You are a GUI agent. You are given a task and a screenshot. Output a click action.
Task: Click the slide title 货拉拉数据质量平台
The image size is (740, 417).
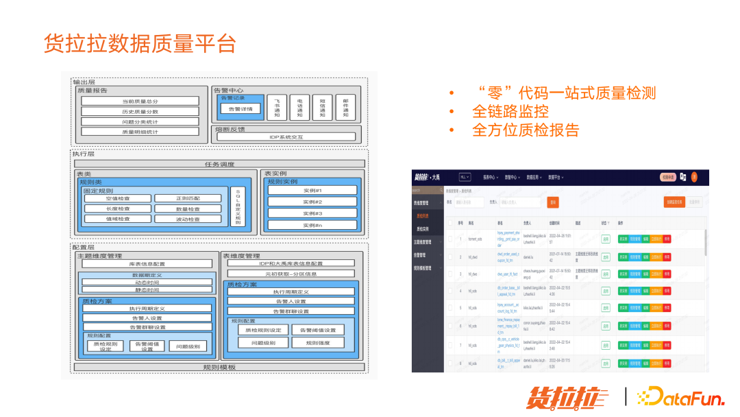click(x=140, y=43)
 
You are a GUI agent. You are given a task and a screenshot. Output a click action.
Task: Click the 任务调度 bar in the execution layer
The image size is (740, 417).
click(x=219, y=164)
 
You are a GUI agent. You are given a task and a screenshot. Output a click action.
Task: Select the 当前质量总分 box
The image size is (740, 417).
click(x=140, y=101)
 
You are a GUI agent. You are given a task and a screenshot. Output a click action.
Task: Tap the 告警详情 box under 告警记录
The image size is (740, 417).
click(x=240, y=109)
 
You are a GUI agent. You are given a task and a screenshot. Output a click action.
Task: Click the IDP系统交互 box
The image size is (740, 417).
click(x=286, y=137)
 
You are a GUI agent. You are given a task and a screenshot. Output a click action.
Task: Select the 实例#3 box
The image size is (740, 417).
click(x=312, y=213)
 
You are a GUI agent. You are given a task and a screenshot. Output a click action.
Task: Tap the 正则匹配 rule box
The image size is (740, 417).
click(x=188, y=199)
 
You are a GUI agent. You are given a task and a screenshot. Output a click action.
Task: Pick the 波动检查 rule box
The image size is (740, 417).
click(x=188, y=219)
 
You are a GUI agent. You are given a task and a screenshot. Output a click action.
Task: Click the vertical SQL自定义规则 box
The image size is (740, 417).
click(x=238, y=206)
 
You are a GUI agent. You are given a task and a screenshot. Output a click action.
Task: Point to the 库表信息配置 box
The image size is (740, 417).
click(x=147, y=264)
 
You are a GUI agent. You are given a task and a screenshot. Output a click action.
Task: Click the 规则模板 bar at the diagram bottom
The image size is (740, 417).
click(x=219, y=367)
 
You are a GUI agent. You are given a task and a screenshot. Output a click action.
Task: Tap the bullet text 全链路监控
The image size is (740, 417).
click(x=510, y=111)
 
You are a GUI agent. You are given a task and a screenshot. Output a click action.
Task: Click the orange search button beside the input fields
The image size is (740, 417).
click(x=553, y=202)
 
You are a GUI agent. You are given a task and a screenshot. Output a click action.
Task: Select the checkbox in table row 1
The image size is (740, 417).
click(x=449, y=239)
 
